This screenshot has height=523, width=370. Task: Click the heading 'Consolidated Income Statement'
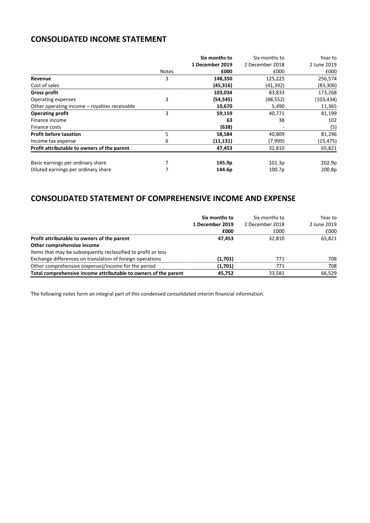(x=98, y=39)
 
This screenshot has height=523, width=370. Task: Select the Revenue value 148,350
(x=222, y=79)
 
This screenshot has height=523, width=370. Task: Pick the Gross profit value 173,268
(x=326, y=92)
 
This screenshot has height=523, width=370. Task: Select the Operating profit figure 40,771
(x=275, y=113)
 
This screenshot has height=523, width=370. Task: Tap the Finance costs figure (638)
(x=224, y=127)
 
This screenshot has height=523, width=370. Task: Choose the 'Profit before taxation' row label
(x=55, y=134)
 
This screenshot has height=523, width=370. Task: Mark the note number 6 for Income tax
(x=166, y=141)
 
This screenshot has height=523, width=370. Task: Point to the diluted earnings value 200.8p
(x=328, y=170)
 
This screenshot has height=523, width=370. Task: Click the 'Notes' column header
(x=166, y=72)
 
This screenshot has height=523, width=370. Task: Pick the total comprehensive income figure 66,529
(x=327, y=273)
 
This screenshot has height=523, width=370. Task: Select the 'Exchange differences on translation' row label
(x=96, y=259)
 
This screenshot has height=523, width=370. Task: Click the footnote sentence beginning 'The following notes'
(x=147, y=294)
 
